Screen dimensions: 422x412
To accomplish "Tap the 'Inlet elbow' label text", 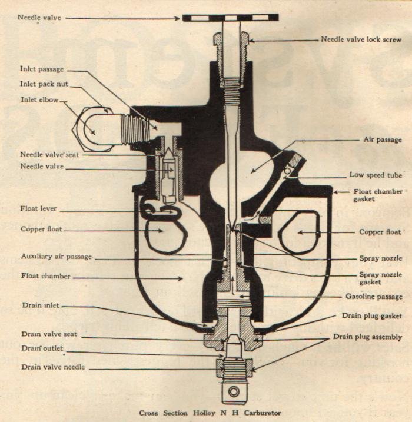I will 39,99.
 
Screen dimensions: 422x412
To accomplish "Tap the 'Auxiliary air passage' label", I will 56,257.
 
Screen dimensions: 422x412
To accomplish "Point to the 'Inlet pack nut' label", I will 44,84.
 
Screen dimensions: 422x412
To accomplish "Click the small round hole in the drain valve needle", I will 234,391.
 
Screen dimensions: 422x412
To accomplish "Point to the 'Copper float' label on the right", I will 380,232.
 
